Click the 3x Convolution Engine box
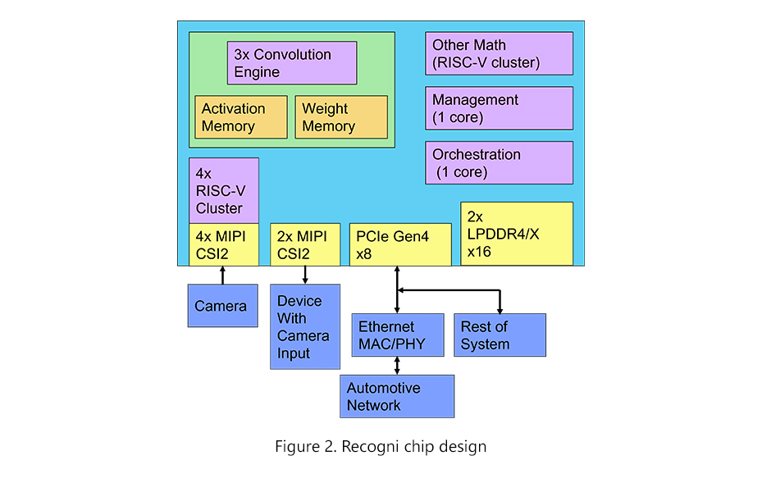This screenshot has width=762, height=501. pos(291,63)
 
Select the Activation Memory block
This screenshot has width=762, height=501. pos(240,117)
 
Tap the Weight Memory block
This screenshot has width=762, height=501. pos(340,117)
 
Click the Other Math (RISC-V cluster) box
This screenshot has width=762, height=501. pos(499,53)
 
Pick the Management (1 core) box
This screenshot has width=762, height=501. pos(499,108)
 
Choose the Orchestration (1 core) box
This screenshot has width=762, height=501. pos(499,162)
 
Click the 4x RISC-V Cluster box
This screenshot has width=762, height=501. pos(223,190)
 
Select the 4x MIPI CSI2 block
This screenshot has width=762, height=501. pos(223,244)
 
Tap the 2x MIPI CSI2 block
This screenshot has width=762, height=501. pos(305,244)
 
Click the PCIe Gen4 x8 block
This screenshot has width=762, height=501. pos(400,244)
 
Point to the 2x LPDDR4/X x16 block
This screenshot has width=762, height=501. pos(516,234)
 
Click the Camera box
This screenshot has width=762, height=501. pos(222,306)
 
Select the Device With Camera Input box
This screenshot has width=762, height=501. pos(304,326)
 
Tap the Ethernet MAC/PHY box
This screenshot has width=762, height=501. pos(398,335)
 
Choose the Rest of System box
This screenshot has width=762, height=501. pos(500,335)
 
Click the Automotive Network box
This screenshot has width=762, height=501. pos(397,396)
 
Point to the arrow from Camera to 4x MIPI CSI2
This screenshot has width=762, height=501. pos(222,275)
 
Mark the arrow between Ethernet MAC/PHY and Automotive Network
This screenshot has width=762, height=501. pos(398,366)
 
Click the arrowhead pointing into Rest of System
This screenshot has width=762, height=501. pos(500,309)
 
